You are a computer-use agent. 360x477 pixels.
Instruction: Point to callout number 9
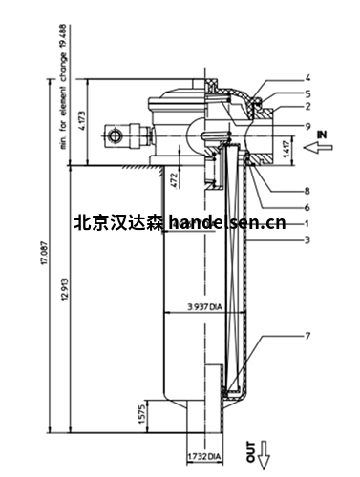(307, 126)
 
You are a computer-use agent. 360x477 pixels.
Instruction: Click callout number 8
(307, 189)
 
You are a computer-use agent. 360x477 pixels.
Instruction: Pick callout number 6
(307, 206)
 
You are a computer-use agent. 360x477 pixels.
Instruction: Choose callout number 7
(307, 337)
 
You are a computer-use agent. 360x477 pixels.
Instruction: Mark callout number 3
(307, 241)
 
